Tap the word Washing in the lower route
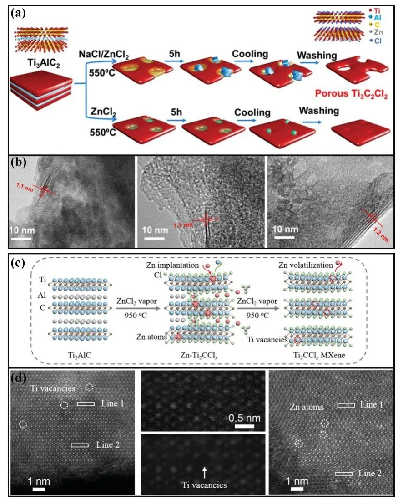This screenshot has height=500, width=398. [x=318, y=111]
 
